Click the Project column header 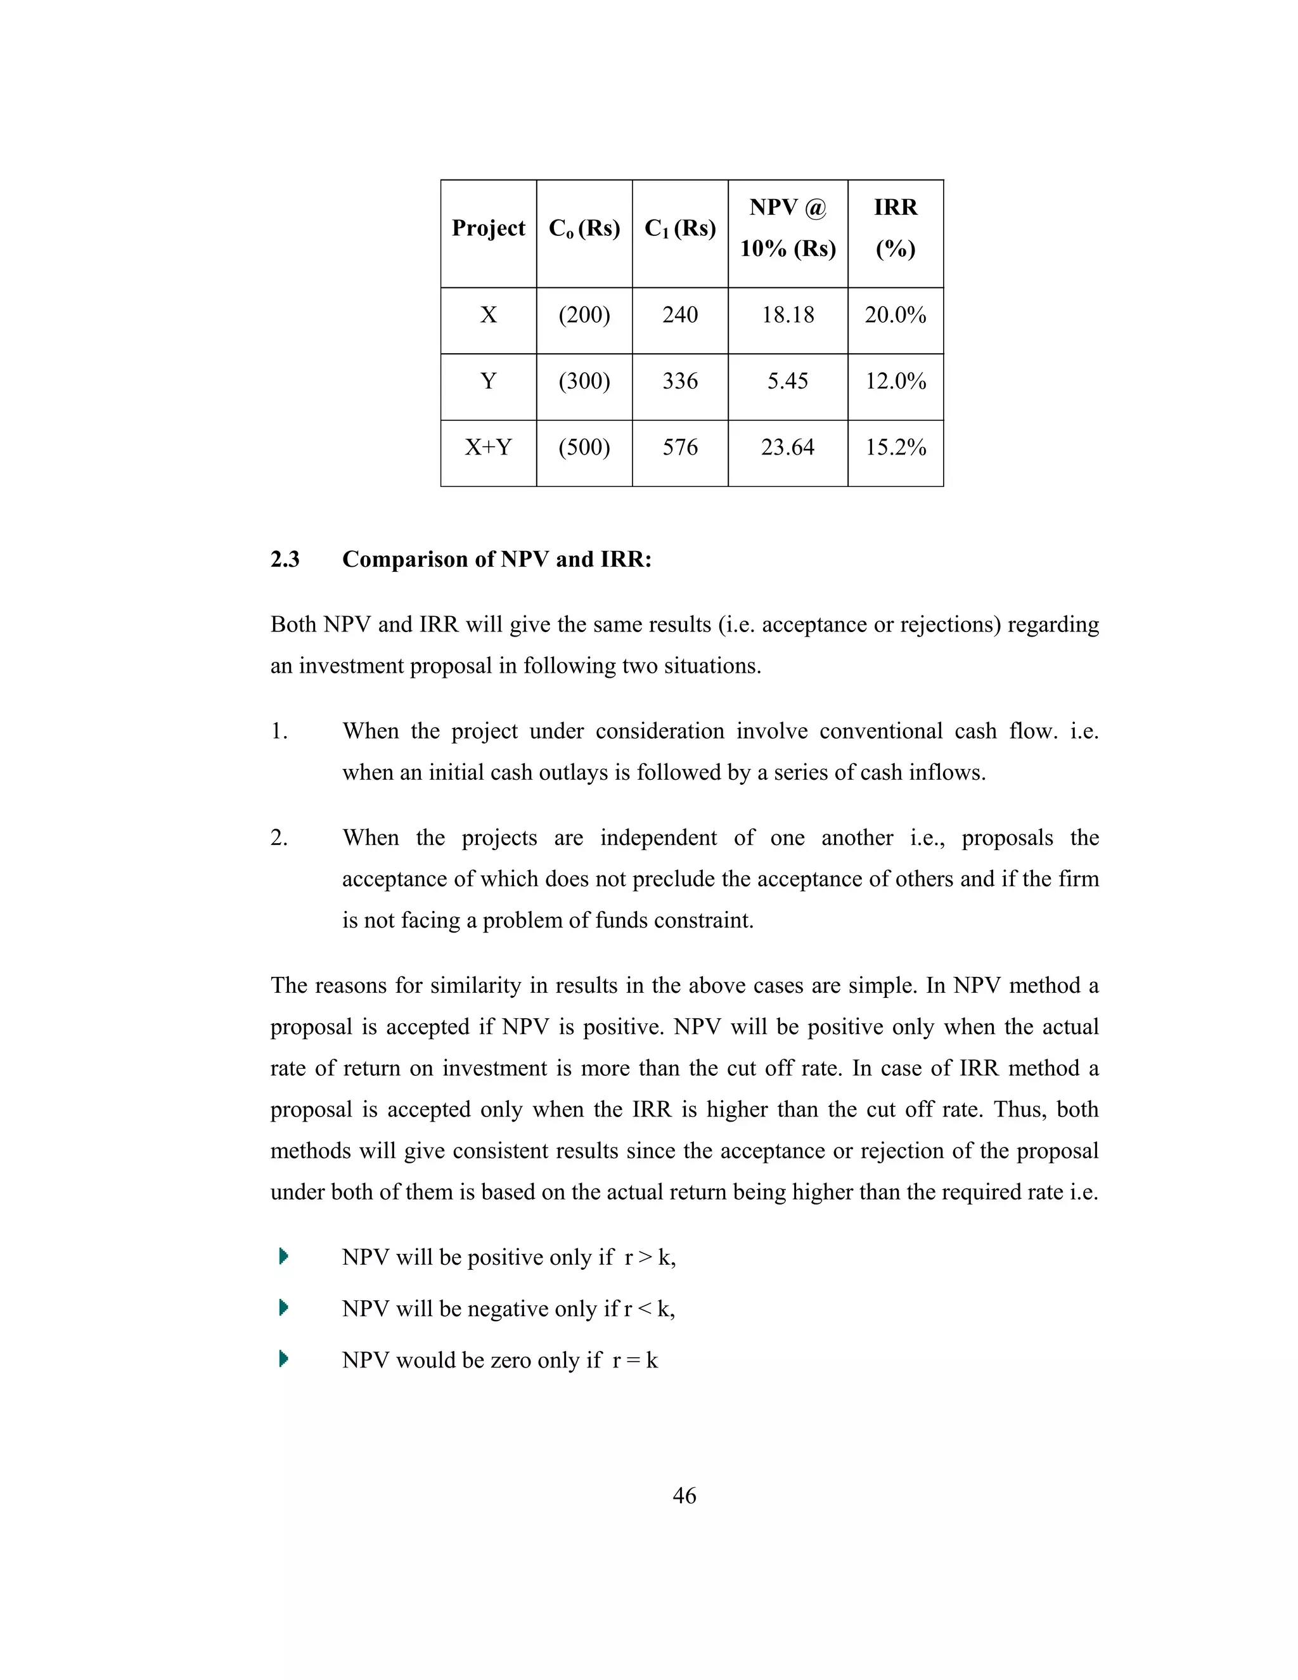tap(488, 228)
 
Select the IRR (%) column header tap(895, 228)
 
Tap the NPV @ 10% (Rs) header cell tap(787, 228)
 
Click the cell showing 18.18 tap(787, 314)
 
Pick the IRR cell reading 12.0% tap(895, 381)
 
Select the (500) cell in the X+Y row tap(584, 447)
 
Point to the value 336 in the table tap(680, 381)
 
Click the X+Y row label tap(488, 447)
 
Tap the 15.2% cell tap(895, 447)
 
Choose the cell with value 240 tap(680, 314)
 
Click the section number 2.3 tap(285, 559)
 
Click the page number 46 tap(684, 1496)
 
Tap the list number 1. tap(278, 732)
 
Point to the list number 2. tap(278, 837)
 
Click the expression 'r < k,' tap(649, 1308)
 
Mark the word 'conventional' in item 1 tap(771, 731)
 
